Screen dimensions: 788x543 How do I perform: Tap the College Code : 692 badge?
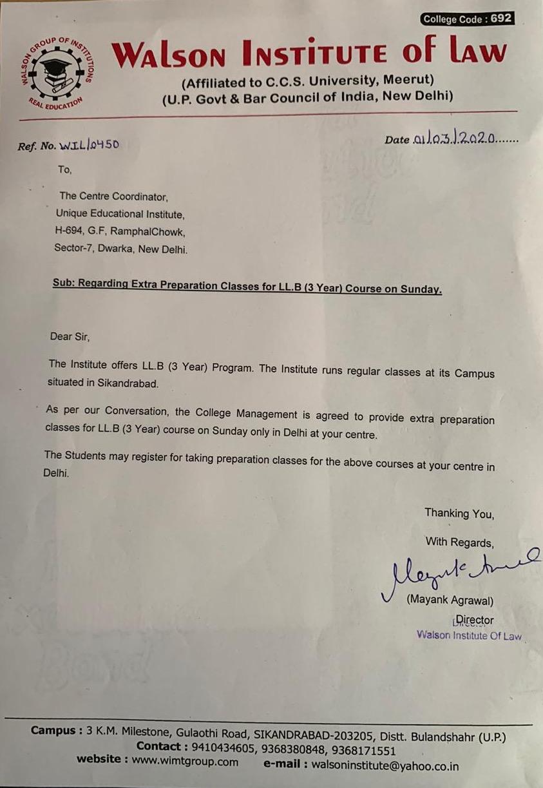tap(467, 19)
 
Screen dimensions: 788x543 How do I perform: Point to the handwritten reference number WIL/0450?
tap(89, 145)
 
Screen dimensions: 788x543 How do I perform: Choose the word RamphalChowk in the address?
tap(149, 232)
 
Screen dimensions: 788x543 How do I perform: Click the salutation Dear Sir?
tap(70, 336)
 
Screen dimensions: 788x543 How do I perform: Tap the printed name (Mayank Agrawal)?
tap(450, 601)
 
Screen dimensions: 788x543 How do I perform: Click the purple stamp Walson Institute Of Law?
tap(469, 636)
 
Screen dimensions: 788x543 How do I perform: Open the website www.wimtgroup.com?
tap(185, 762)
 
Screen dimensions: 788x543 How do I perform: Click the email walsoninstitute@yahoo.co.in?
tap(385, 766)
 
